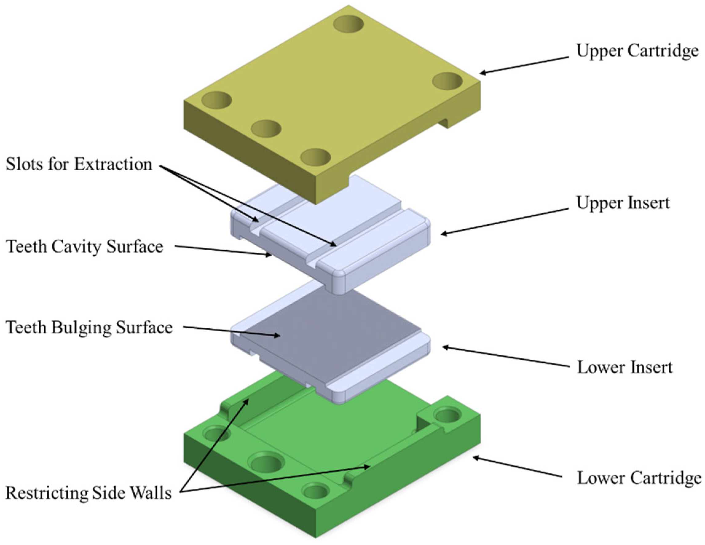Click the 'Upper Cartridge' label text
[637, 51]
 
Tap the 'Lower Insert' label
[624, 367]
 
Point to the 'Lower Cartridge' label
[639, 478]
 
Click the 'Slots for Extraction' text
[79, 164]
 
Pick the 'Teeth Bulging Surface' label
[89, 327]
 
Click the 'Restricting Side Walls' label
[89, 493]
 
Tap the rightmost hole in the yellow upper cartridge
[447, 81]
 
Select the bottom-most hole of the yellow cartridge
[316, 157]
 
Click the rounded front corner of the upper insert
[338, 284]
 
